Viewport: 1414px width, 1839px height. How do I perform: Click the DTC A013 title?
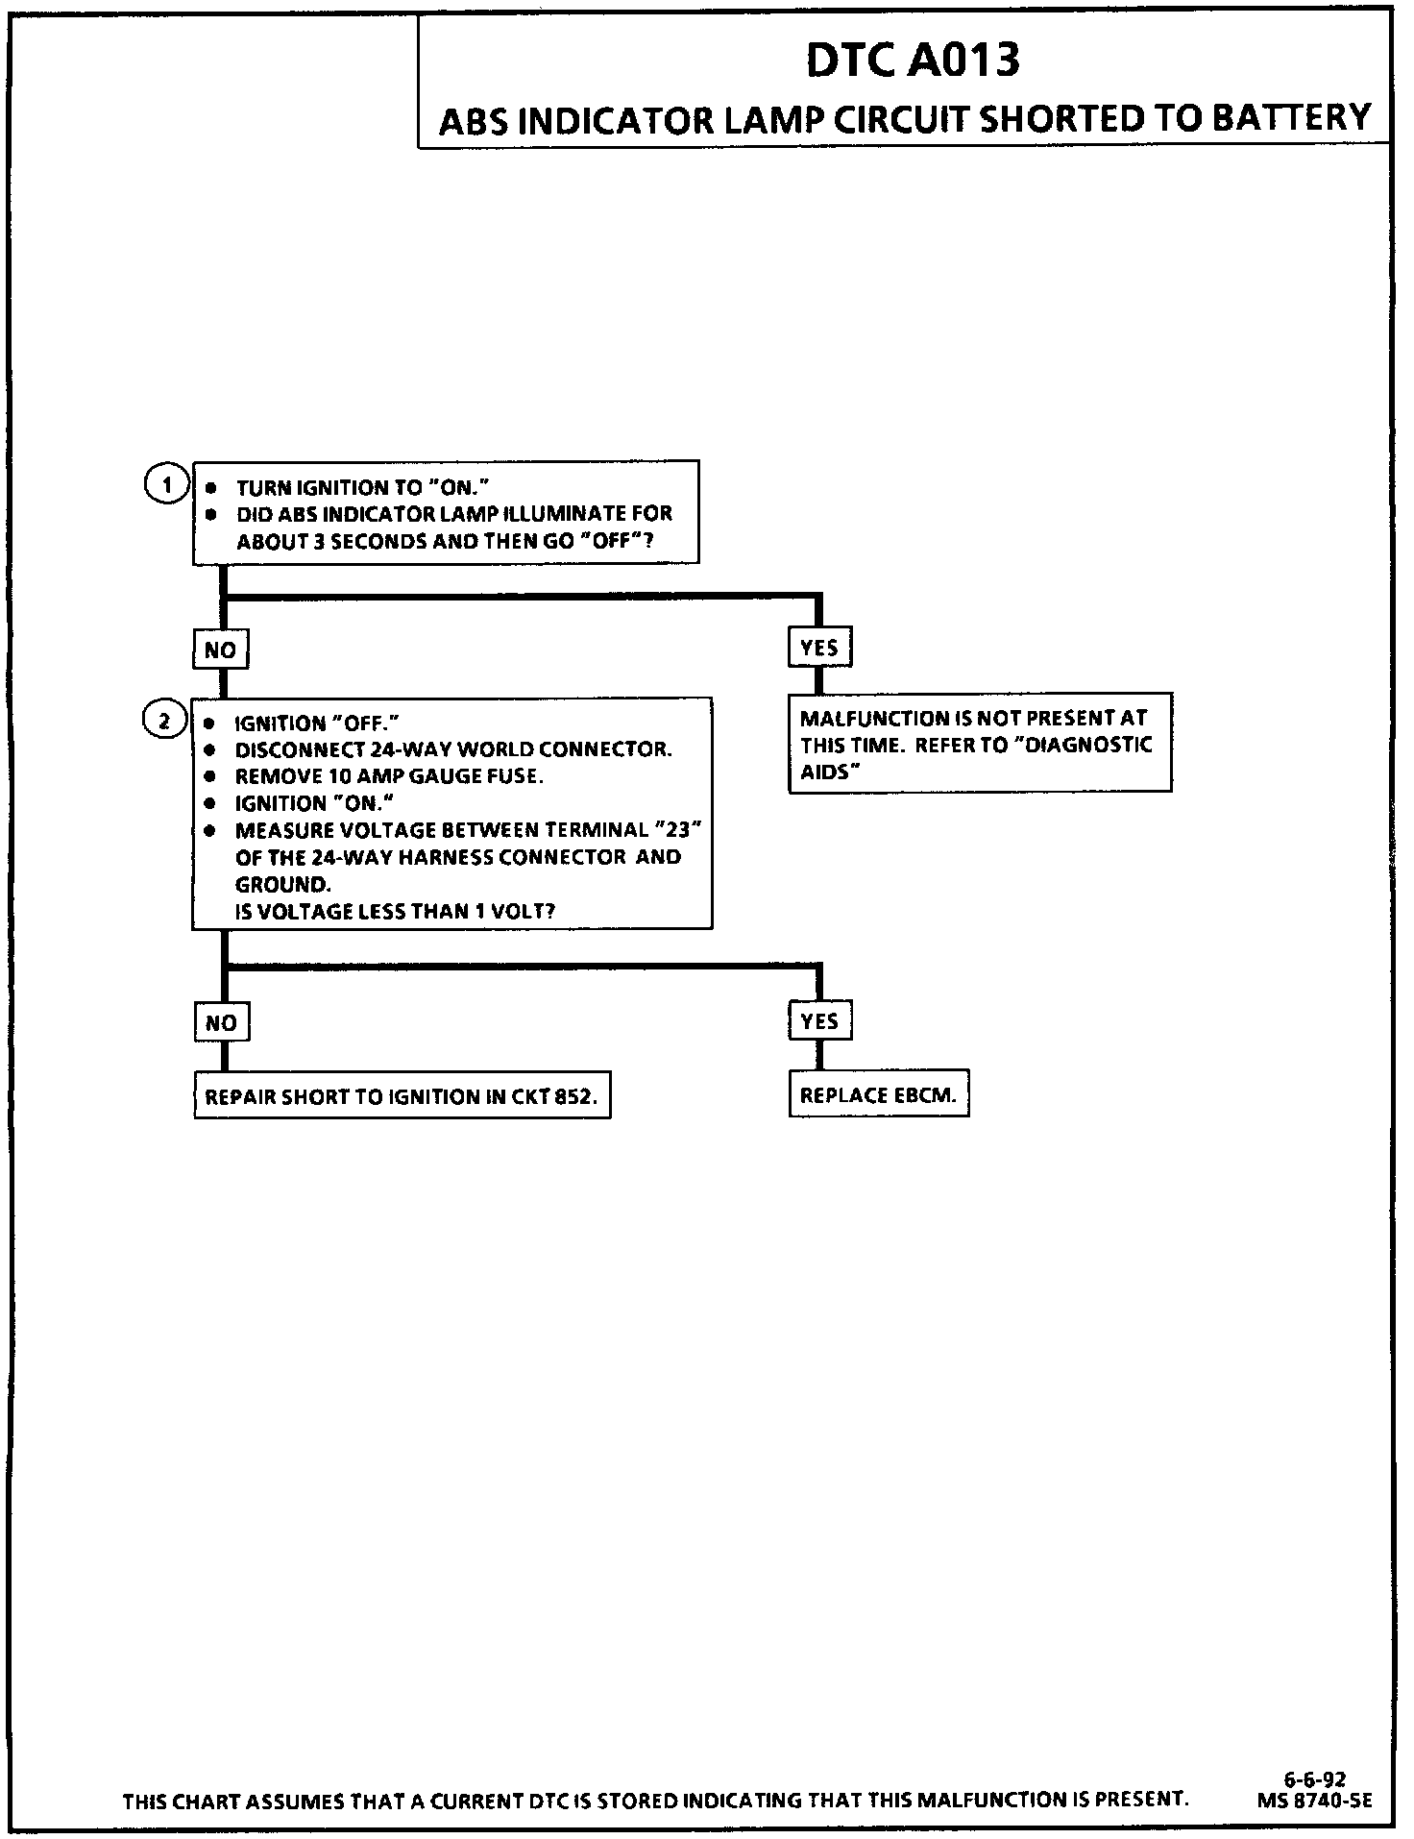point(912,61)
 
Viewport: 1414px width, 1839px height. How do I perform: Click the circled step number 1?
point(166,485)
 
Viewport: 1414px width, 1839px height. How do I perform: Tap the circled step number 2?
point(164,720)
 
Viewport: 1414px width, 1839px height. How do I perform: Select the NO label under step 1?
point(220,650)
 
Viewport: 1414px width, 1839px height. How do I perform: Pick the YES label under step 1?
point(819,649)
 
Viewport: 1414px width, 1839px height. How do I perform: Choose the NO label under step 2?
point(221,1023)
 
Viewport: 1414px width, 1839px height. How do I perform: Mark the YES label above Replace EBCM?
point(819,1021)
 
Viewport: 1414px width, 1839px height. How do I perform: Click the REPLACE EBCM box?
point(878,1095)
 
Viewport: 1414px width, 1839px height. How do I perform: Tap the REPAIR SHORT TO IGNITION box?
point(402,1097)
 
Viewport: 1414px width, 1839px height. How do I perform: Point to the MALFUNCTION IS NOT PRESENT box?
point(979,744)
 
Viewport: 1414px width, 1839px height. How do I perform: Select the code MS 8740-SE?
point(1314,1802)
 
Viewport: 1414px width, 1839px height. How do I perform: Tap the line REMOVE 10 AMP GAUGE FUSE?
point(389,776)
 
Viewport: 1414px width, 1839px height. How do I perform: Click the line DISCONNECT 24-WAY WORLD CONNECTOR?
point(452,749)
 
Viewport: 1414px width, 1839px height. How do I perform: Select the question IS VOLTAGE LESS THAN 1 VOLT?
point(395,911)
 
